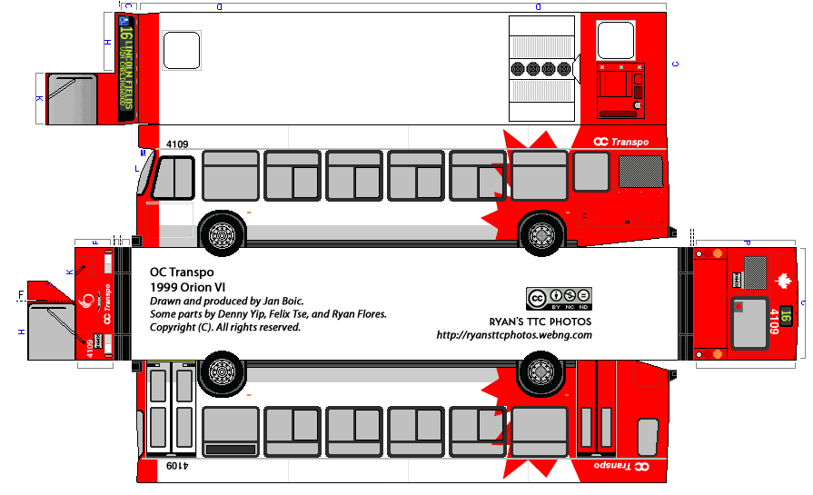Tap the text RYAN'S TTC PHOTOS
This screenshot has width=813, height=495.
[539, 322]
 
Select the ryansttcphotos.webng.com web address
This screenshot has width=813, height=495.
[514, 335]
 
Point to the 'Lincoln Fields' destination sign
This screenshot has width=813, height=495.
[126, 67]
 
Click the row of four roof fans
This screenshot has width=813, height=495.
[540, 68]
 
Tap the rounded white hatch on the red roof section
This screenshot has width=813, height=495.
[615, 41]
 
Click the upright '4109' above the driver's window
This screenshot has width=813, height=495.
[177, 144]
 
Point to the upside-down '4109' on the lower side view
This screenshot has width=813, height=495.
[177, 465]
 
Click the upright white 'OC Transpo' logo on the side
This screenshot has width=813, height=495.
[620, 142]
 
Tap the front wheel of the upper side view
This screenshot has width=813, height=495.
[221, 234]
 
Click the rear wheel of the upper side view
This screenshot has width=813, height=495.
[541, 234]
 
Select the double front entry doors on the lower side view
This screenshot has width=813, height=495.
[170, 409]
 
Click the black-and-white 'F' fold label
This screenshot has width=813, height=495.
[19, 294]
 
